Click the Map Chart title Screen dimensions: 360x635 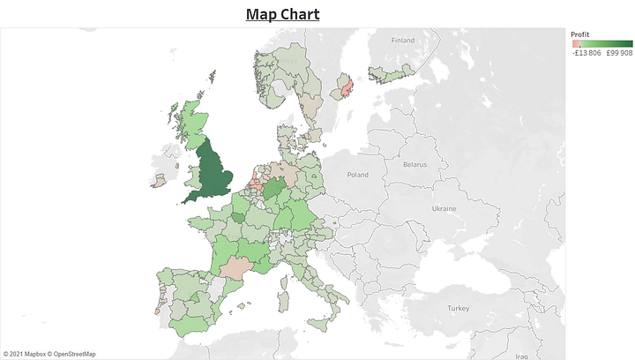(282, 14)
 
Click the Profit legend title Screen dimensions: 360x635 (580, 34)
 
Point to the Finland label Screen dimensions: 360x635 (402, 40)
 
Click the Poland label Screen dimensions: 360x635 (357, 175)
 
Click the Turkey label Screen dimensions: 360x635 (458, 308)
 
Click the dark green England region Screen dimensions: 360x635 (215, 172)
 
